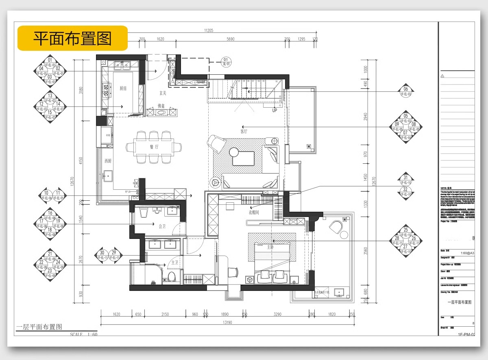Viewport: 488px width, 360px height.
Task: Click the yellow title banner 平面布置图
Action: (x=72, y=38)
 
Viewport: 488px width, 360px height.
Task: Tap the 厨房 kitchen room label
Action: (x=123, y=88)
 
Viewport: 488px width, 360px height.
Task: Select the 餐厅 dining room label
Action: (x=154, y=147)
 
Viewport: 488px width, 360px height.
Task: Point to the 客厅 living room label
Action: (x=244, y=131)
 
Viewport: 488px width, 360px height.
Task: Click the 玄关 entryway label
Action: (x=163, y=93)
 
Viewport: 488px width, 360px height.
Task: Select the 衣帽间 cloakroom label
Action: (x=254, y=212)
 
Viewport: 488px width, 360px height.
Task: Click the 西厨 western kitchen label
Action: (x=107, y=161)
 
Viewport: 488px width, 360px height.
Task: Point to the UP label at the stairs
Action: (x=274, y=110)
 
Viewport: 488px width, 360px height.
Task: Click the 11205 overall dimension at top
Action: (x=209, y=30)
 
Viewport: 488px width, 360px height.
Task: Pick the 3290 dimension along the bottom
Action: (x=278, y=314)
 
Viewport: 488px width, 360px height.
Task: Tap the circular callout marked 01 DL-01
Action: (x=227, y=62)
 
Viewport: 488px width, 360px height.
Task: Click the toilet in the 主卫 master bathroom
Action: (x=172, y=278)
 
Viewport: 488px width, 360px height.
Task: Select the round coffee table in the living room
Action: (x=234, y=152)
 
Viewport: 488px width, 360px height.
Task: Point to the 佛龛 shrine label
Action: (x=161, y=106)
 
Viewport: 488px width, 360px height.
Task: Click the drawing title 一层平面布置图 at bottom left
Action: (x=39, y=327)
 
